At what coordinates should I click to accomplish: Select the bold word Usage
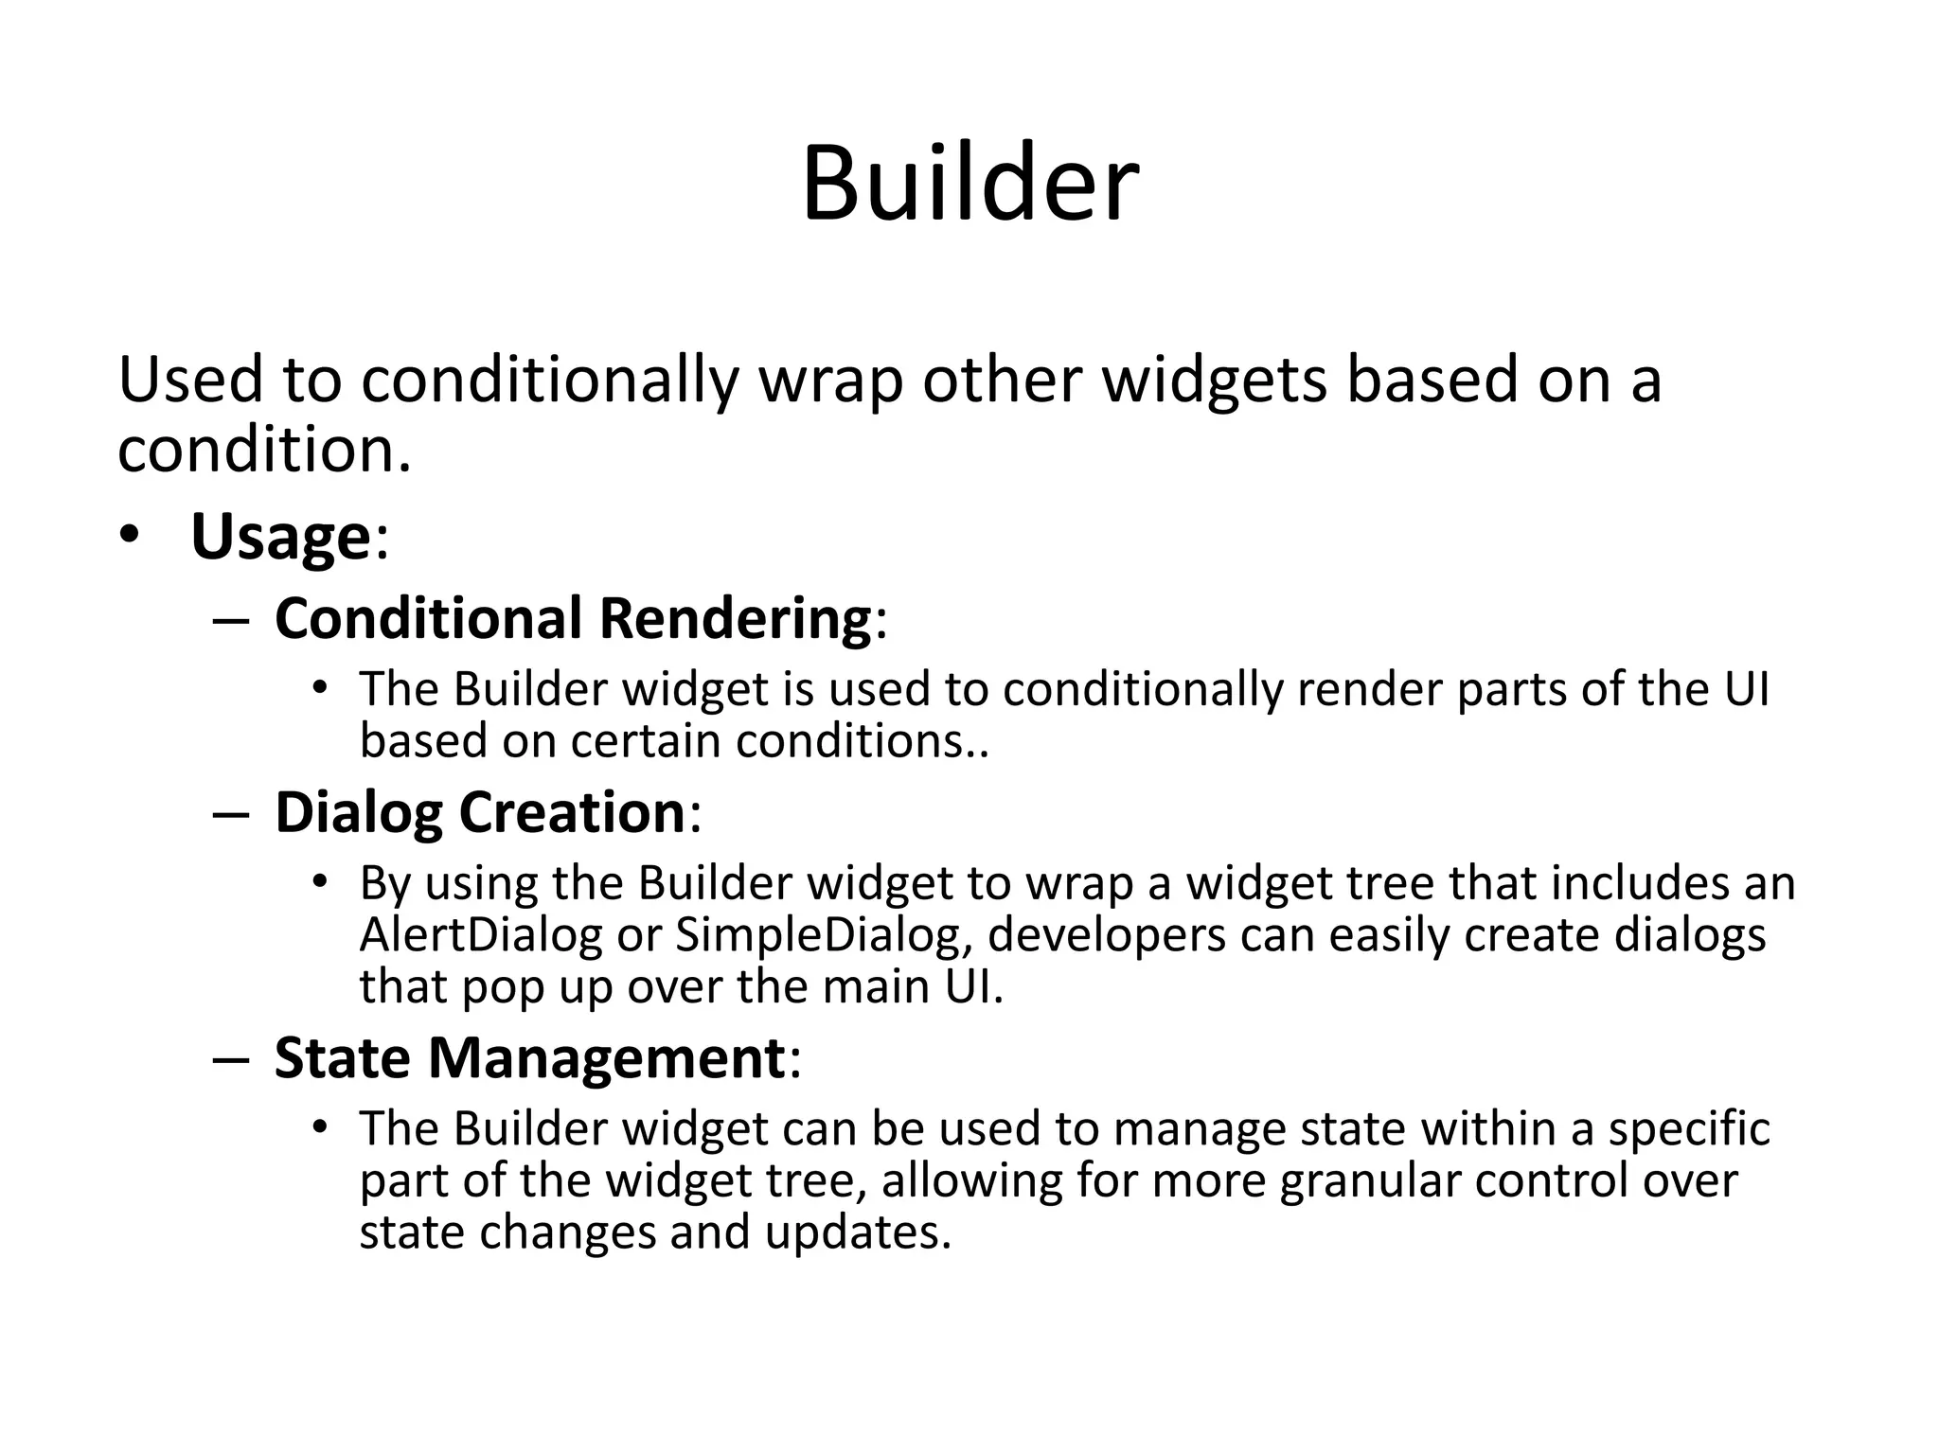(x=279, y=537)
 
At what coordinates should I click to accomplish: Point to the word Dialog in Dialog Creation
(x=357, y=812)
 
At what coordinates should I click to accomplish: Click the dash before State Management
(x=231, y=1059)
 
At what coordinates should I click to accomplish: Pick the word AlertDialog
(x=480, y=935)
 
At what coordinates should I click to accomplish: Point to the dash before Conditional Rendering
(x=231, y=620)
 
